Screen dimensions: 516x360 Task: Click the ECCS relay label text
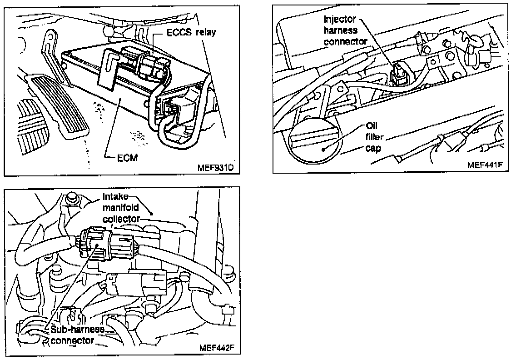191,32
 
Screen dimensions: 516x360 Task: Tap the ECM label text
127,158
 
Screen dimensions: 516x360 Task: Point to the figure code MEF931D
215,167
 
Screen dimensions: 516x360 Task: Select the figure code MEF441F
485,165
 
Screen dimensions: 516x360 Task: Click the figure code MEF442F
217,348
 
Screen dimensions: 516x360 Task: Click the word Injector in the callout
340,19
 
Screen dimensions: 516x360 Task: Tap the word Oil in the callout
372,125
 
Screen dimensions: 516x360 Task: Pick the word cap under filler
373,148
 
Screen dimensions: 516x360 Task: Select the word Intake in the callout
115,197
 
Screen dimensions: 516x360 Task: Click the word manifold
121,208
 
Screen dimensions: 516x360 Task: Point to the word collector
121,219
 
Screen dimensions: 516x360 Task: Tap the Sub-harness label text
77,329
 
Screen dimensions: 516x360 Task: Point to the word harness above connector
341,30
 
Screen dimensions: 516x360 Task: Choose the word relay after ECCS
206,32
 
